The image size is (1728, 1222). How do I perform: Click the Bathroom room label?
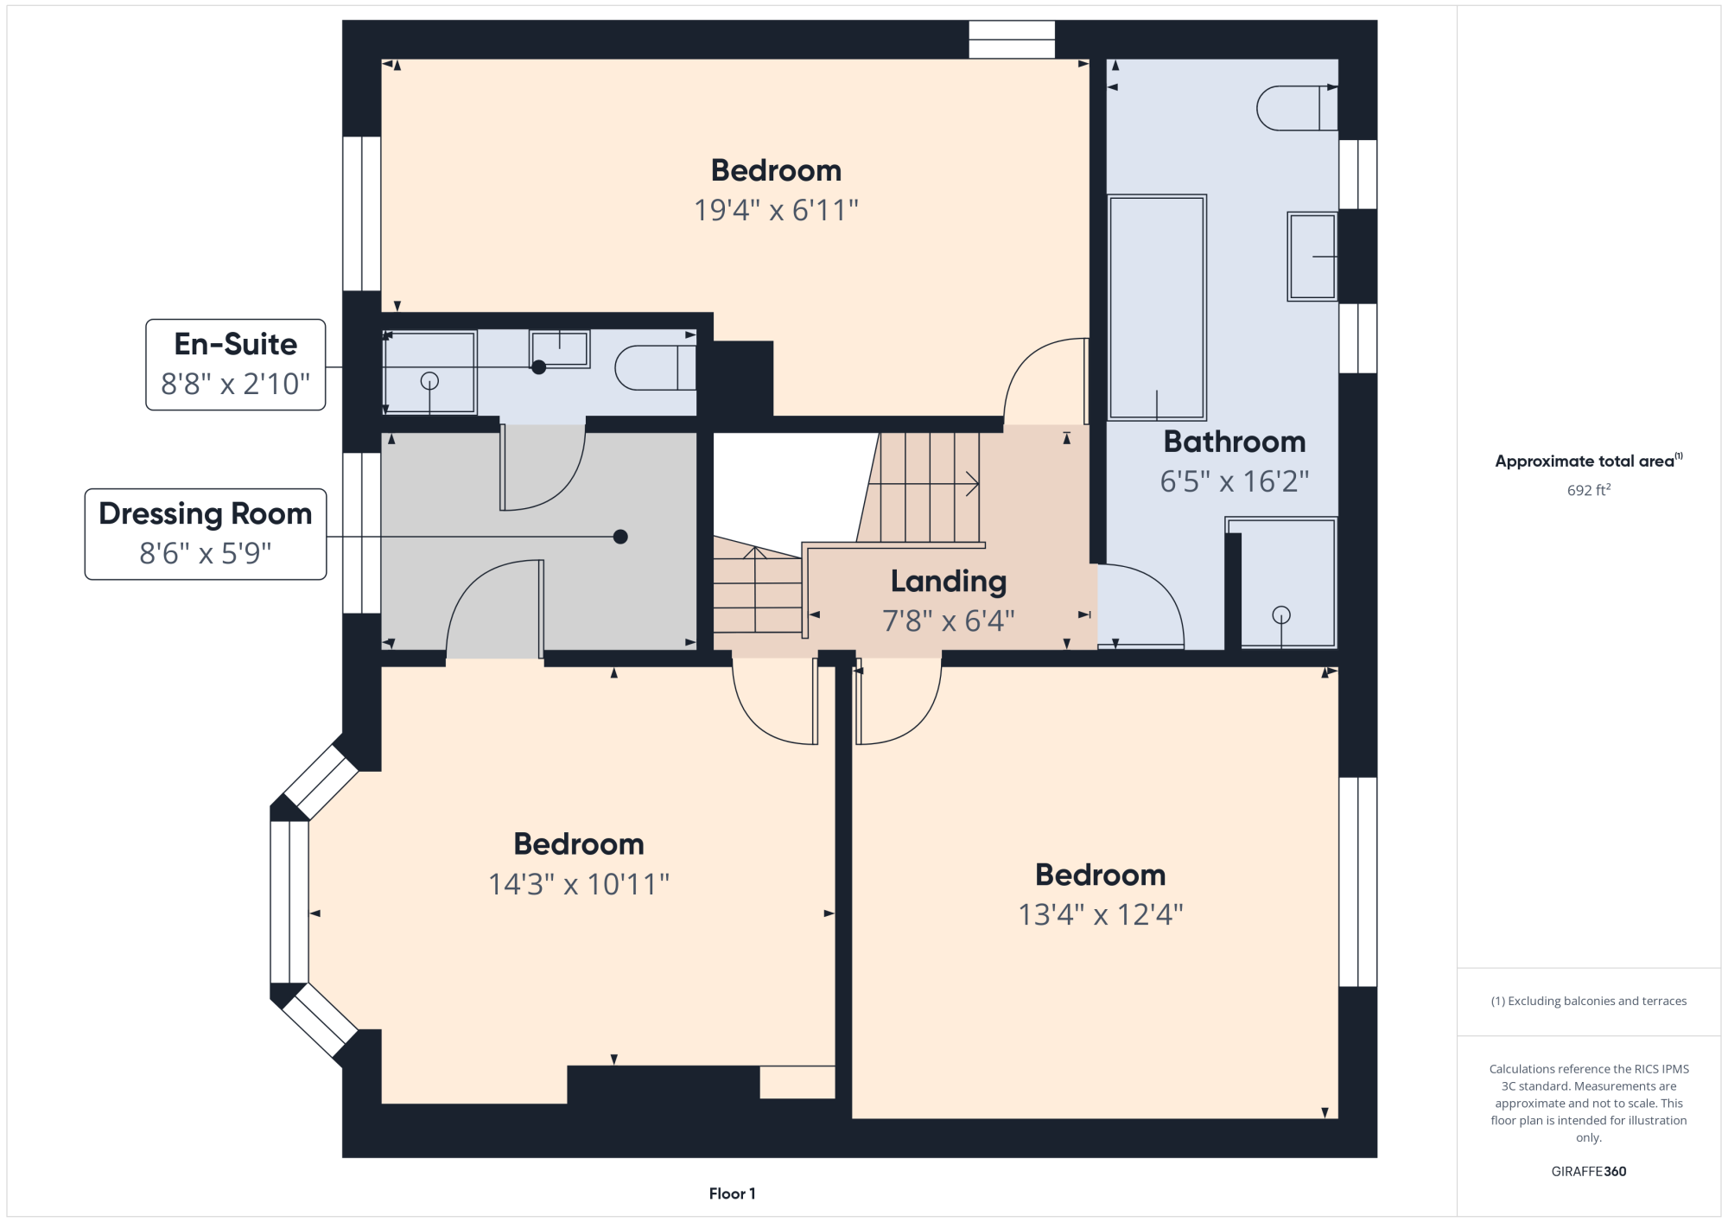click(1235, 442)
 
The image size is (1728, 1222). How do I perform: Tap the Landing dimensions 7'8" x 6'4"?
click(949, 621)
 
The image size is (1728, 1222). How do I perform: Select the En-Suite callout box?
click(236, 365)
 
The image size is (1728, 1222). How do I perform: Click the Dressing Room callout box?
click(206, 534)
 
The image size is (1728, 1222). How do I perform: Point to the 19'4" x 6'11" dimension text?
click(777, 210)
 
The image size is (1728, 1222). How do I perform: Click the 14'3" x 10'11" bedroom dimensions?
click(579, 884)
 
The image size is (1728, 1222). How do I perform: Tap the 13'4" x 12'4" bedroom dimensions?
click(1101, 914)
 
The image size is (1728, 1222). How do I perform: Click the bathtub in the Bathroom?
click(1157, 308)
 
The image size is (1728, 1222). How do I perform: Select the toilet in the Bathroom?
click(1297, 108)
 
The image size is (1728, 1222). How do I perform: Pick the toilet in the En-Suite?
click(656, 368)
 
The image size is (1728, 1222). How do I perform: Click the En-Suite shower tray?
click(429, 372)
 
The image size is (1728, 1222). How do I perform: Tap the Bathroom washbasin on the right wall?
click(1312, 256)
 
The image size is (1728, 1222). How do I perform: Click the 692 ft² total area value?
click(1589, 490)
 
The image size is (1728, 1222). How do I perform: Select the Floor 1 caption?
click(733, 1193)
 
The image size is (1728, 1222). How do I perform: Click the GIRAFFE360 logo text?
click(1589, 1172)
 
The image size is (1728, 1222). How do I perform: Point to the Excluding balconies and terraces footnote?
click(1589, 1001)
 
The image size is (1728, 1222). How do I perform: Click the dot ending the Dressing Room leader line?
click(620, 537)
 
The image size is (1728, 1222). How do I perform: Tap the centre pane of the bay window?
click(289, 901)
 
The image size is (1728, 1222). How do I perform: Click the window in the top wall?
click(1012, 40)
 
